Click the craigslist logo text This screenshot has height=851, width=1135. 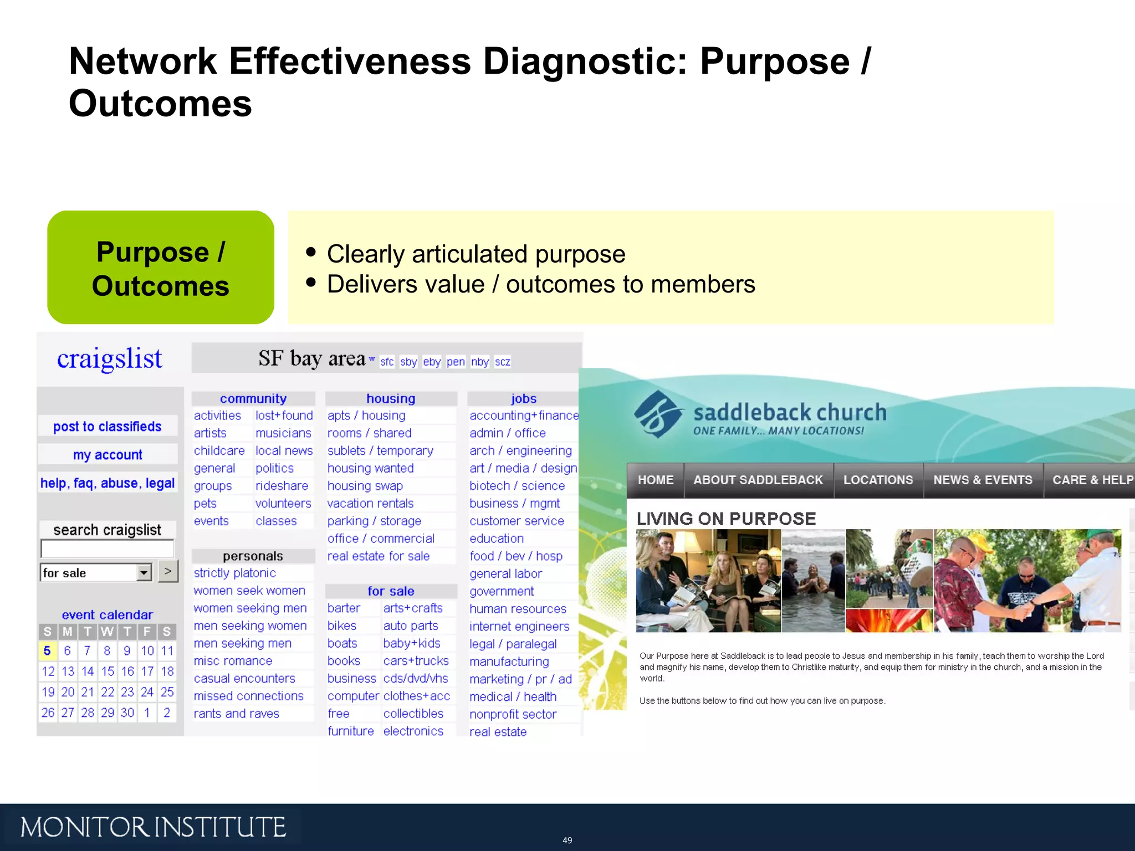109,359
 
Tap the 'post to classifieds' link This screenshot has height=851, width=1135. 108,426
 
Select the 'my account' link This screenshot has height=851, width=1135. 108,455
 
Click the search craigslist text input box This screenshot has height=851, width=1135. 107,548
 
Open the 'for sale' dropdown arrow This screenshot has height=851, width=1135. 144,572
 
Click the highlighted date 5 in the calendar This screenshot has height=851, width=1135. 47,650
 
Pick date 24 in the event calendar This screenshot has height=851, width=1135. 147,692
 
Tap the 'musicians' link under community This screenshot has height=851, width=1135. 283,433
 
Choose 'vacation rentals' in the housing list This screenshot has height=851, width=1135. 370,503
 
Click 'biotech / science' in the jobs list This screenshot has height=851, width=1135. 517,485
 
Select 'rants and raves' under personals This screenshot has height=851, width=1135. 236,714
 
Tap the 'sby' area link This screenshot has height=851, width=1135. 408,362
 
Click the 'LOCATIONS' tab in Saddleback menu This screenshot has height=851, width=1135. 878,480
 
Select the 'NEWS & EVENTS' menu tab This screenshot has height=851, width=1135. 983,480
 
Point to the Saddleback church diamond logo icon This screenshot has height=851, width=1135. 658,414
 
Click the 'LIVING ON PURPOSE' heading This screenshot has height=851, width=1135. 726,519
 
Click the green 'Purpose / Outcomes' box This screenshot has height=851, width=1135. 161,268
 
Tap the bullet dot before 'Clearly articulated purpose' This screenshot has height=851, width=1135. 311,253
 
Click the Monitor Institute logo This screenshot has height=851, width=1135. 153,827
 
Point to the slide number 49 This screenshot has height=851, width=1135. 567,840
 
